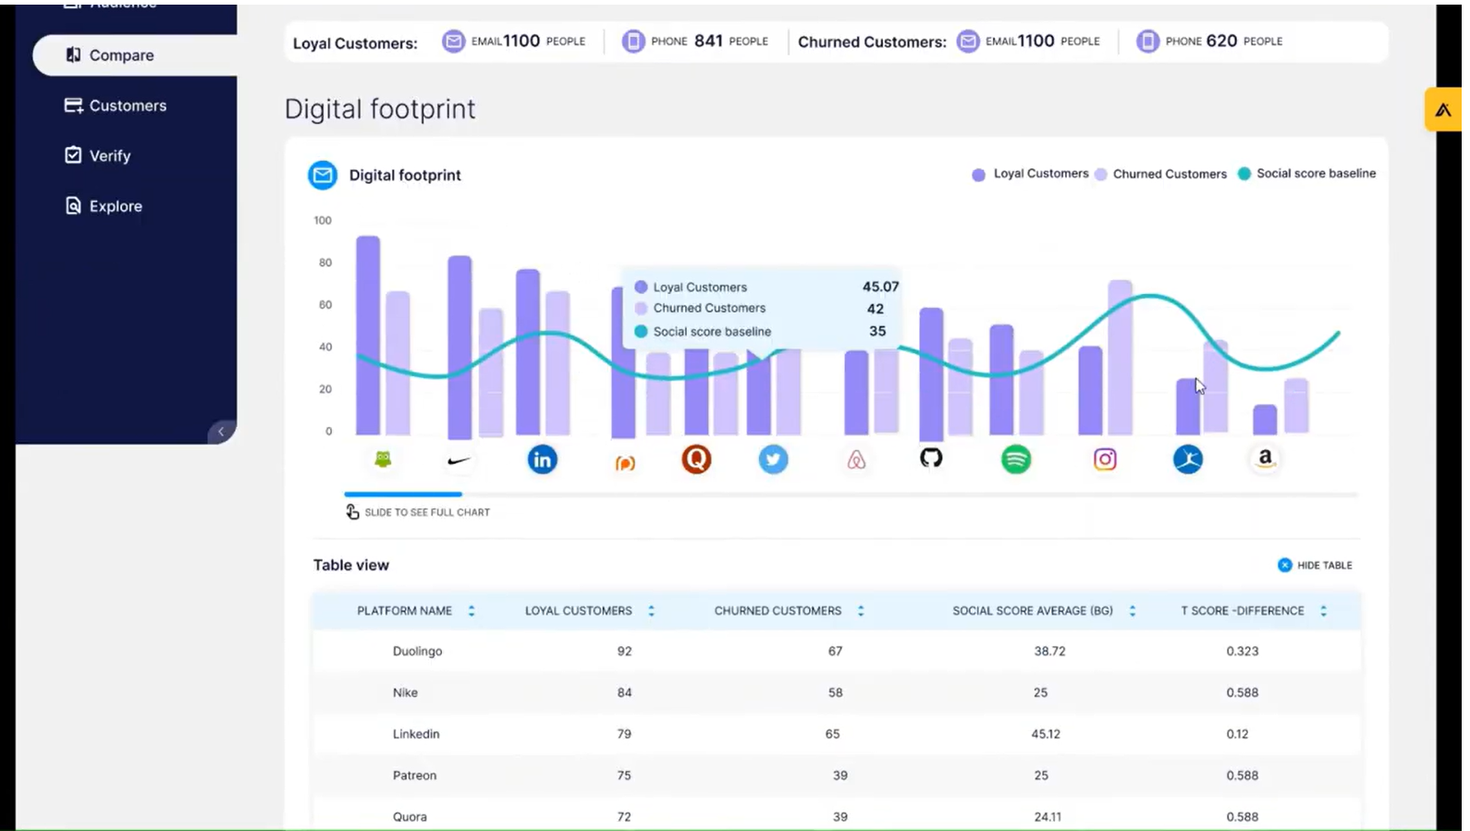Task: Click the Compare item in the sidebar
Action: pyautogui.click(x=120, y=55)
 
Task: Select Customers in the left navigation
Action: pyautogui.click(x=127, y=105)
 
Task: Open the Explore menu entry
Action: pyautogui.click(x=115, y=206)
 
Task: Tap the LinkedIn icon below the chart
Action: pyautogui.click(x=542, y=459)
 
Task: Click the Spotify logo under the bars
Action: pyautogui.click(x=1015, y=459)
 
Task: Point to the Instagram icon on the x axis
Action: pyautogui.click(x=1105, y=459)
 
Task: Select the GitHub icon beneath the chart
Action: pyautogui.click(x=931, y=458)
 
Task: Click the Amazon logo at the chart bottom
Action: pyautogui.click(x=1265, y=458)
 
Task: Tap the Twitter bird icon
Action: pyautogui.click(x=773, y=459)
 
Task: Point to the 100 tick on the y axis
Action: pyautogui.click(x=323, y=220)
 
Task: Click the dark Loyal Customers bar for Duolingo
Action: pyautogui.click(x=368, y=337)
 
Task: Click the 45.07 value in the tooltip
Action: pyautogui.click(x=879, y=287)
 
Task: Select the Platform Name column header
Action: pyautogui.click(x=405, y=611)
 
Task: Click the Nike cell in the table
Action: pyautogui.click(x=405, y=692)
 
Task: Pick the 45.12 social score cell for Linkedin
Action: pyautogui.click(x=1046, y=734)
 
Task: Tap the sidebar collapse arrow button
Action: pyautogui.click(x=221, y=432)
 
